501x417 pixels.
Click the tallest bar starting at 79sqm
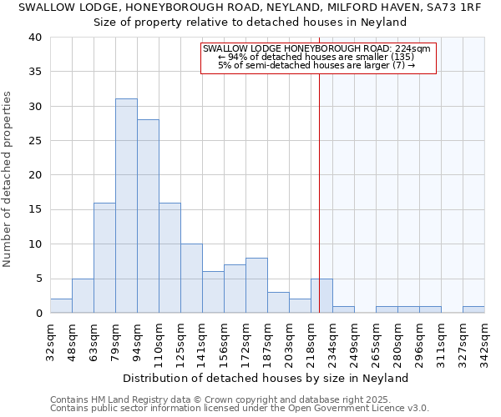pos(126,206)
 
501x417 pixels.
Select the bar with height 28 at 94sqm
pos(148,216)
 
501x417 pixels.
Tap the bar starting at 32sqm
pos(61,306)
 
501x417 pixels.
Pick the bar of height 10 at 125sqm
pos(191,279)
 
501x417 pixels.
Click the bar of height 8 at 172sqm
pos(256,285)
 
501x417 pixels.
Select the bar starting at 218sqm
pos(321,295)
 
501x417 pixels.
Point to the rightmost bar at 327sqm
pos(473,309)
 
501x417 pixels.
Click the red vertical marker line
pos(319,192)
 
